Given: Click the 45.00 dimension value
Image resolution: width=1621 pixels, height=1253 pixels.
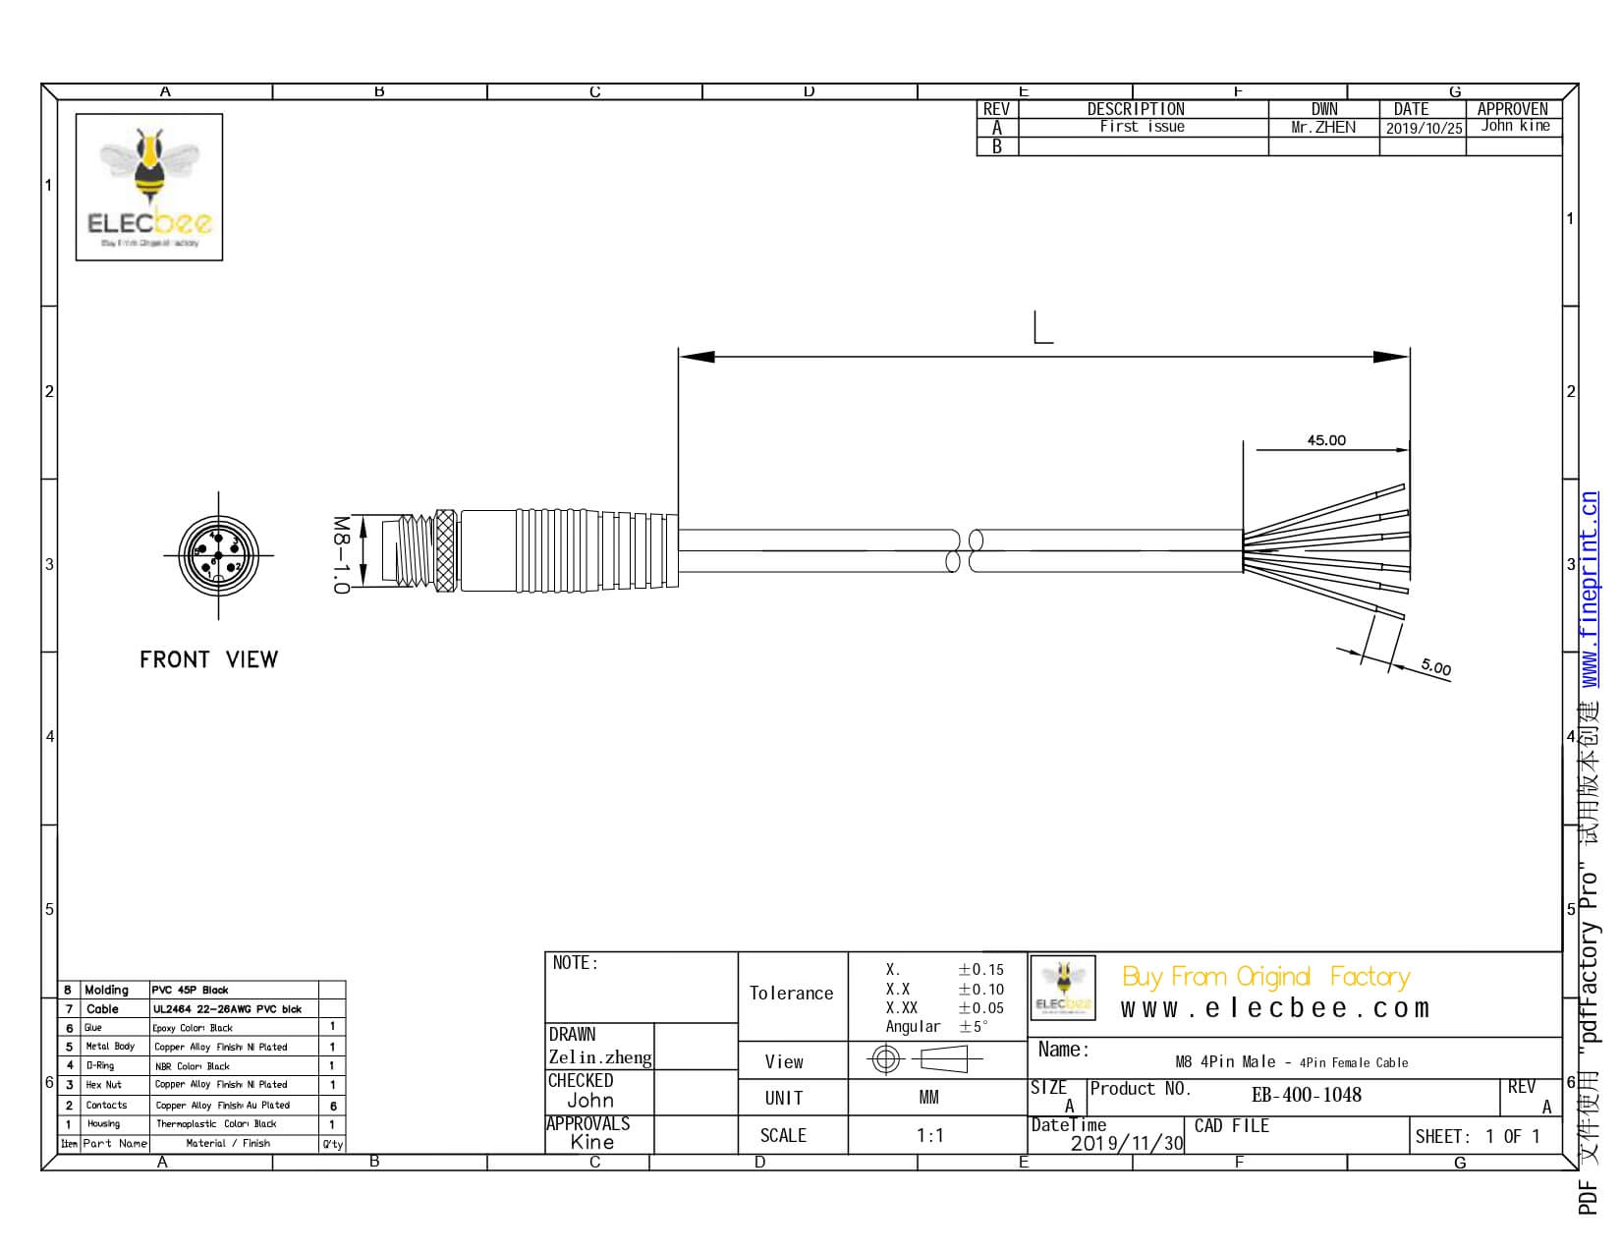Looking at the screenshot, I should [x=1325, y=440].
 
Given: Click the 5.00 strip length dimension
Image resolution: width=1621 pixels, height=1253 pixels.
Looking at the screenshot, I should [x=1435, y=668].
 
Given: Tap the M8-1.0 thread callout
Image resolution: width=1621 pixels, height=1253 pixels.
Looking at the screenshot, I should [x=340, y=554].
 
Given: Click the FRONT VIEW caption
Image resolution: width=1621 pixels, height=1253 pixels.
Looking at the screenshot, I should [x=208, y=659].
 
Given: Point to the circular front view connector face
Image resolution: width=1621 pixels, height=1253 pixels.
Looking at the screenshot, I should [x=218, y=555].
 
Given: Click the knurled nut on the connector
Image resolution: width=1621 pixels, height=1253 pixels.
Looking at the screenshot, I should [x=445, y=551].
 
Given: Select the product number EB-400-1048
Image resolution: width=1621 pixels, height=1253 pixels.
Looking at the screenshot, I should [x=1306, y=1095].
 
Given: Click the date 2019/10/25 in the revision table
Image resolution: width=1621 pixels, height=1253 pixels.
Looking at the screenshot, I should [x=1424, y=128].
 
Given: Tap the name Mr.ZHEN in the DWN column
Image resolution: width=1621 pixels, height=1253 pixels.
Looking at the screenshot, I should [x=1322, y=127].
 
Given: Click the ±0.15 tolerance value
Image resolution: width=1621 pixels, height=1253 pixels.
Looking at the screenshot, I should [x=980, y=970].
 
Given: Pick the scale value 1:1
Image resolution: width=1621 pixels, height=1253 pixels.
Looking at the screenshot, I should [x=929, y=1136].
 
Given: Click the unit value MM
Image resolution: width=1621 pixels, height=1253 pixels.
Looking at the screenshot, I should [x=928, y=1098].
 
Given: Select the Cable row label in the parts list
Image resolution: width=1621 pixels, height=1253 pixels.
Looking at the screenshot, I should [x=102, y=1009].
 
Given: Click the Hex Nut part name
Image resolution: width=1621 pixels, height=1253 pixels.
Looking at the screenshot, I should [x=104, y=1085].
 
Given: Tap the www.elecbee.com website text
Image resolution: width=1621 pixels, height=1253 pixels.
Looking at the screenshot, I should [x=1274, y=1008].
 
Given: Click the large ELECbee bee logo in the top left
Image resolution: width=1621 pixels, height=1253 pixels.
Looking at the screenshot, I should [x=149, y=187].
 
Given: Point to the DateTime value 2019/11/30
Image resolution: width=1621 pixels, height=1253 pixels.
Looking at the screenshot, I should [x=1126, y=1143].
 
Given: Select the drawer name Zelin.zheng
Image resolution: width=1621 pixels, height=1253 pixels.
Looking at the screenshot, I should [x=599, y=1057].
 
